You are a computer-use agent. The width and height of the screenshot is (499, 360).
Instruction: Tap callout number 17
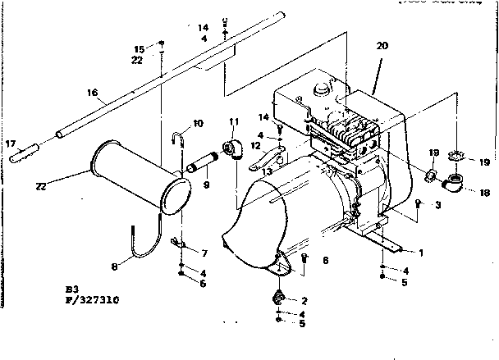pos(11,144)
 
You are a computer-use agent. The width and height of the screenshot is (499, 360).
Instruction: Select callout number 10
pos(198,124)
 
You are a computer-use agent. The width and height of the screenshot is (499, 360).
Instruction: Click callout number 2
pos(304,300)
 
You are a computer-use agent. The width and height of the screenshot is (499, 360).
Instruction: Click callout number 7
pos(204,253)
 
